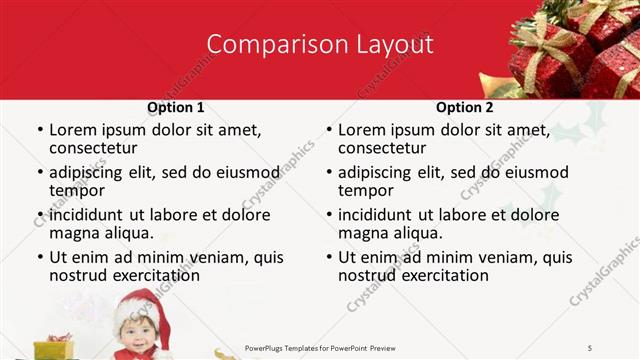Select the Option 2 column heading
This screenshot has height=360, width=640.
click(x=464, y=107)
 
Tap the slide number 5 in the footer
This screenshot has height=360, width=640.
click(x=590, y=347)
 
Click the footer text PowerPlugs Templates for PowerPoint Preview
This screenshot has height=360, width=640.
click(x=328, y=347)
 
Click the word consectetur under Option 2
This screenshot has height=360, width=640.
click(x=381, y=149)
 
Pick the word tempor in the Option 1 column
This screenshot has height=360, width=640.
click(x=73, y=191)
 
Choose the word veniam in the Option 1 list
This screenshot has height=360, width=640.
click(x=210, y=257)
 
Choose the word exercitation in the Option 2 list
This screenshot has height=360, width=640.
click(x=441, y=275)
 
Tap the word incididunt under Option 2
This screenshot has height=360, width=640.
click(x=381, y=215)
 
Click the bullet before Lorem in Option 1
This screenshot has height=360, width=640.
click(x=39, y=131)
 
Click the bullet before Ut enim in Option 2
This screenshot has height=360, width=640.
click(x=328, y=258)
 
